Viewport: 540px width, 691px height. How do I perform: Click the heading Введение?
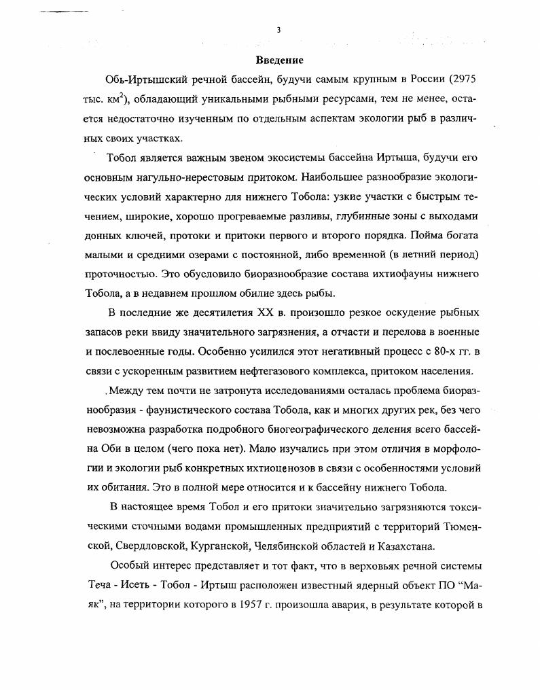(x=279, y=60)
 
